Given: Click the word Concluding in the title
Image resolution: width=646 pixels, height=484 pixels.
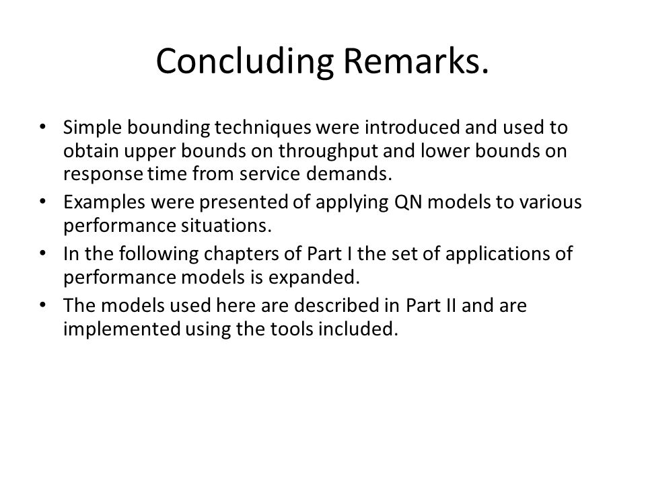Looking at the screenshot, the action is click(x=245, y=62).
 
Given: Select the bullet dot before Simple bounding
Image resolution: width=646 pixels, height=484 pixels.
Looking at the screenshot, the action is click(x=42, y=127).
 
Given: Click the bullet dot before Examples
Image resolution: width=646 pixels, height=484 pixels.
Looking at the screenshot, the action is click(x=42, y=202).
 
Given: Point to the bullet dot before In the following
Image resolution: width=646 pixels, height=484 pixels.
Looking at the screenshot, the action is click(x=42, y=253).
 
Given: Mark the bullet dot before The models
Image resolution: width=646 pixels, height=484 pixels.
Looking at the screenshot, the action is click(x=42, y=305).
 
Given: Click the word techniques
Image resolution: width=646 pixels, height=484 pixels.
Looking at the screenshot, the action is click(x=263, y=128).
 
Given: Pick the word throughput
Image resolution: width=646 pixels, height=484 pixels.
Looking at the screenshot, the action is click(x=328, y=151).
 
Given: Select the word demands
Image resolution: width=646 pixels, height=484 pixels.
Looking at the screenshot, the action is click(x=349, y=173).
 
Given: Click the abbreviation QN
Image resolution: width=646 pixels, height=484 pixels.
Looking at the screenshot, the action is click(x=408, y=202).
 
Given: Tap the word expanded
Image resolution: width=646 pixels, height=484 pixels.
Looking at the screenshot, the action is click(x=314, y=278).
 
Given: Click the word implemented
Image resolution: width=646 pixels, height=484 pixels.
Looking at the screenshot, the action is click(x=122, y=329).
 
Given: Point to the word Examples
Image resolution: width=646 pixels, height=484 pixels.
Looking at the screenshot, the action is click(x=104, y=202).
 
